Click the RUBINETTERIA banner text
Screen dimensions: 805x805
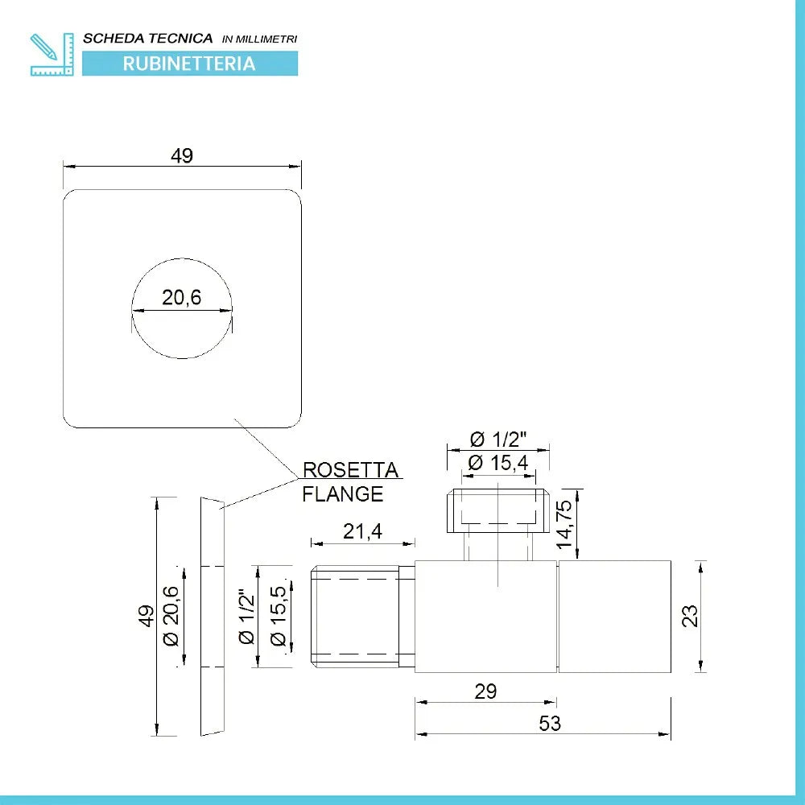click(x=189, y=64)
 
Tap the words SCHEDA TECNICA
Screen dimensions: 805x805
click(x=148, y=38)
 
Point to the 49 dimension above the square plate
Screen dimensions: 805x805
click(x=182, y=156)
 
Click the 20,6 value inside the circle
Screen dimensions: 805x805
click(x=181, y=298)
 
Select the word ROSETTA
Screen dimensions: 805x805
click(x=350, y=470)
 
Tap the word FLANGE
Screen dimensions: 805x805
click(x=342, y=494)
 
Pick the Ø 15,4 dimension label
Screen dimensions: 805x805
click(x=497, y=463)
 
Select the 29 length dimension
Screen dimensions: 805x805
click(x=485, y=691)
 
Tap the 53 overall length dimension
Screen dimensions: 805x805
click(x=549, y=723)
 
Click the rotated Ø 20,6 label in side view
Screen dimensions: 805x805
click(x=170, y=617)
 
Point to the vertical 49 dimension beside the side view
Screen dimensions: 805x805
click(x=146, y=617)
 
